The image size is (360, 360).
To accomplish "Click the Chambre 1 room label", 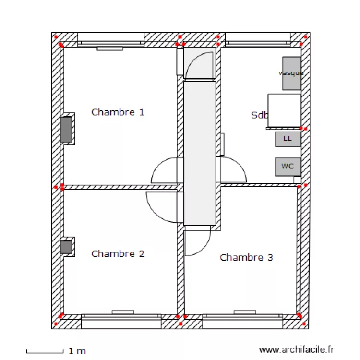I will [118, 112].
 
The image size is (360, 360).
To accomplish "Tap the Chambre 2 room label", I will [118, 253].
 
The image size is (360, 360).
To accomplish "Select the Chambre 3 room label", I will [246, 257].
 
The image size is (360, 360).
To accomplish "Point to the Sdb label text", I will [258, 115].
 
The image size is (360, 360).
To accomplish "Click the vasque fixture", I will [291, 73].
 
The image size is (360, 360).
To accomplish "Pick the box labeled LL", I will [288, 139].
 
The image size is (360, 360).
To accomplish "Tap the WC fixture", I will [288, 167].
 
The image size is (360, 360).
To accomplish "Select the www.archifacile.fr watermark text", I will [296, 350].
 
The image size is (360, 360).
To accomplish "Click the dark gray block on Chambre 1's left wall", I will [66, 129].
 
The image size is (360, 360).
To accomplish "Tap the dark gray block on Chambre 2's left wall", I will [66, 247].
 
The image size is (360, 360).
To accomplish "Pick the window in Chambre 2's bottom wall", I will [121, 321].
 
